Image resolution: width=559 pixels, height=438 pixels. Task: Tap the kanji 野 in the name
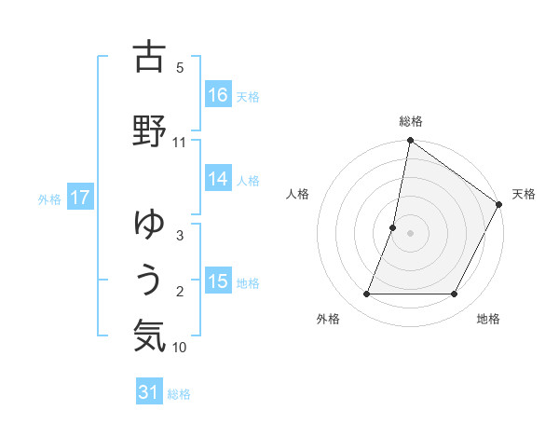pos(149,130)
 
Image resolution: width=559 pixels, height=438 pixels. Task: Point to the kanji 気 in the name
pos(149,335)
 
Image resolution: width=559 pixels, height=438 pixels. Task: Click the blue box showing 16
pos(218,94)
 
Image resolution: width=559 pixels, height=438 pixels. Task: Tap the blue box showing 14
pos(218,179)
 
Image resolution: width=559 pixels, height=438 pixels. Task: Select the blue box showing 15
pos(218,281)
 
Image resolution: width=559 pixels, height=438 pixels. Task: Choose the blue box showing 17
pos(80,198)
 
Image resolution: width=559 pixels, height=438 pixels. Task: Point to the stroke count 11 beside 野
pos(180,143)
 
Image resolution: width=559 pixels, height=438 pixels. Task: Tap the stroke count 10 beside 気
pos(180,348)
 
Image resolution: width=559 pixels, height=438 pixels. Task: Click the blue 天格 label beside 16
pos(248,96)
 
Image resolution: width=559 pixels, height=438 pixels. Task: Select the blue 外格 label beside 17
pos(49,198)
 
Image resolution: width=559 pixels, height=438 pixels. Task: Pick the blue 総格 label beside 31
pos(179,394)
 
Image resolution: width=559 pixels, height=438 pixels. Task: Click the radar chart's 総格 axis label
pos(411,121)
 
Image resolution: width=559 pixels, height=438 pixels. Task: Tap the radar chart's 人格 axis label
pos(298,194)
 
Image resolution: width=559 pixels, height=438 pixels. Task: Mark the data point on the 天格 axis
pos(500,204)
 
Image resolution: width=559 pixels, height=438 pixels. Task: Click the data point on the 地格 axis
pos(455,294)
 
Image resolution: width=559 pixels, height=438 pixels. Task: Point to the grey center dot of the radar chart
pos(410,233)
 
